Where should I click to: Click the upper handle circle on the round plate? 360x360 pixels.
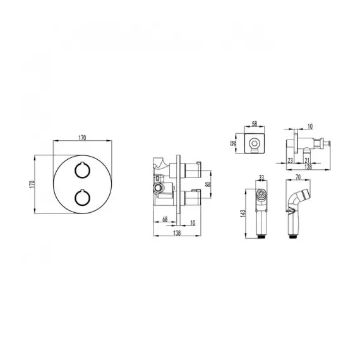click(x=83, y=170)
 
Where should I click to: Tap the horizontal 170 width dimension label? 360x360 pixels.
click(x=82, y=138)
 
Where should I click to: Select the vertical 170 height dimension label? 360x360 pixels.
click(x=32, y=184)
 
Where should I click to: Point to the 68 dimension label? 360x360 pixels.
click(x=165, y=219)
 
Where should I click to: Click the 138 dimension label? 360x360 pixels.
click(x=177, y=233)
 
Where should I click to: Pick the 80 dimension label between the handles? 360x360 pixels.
click(x=208, y=184)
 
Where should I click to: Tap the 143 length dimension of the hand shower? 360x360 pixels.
click(x=243, y=213)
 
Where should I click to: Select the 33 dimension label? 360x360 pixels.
click(x=261, y=177)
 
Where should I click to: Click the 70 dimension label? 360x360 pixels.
click(x=298, y=177)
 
